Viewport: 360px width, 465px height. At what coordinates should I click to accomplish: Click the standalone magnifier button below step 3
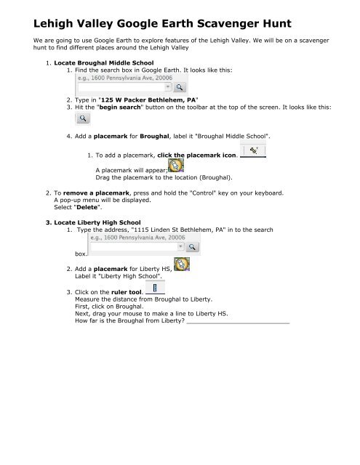[x=84, y=138]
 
